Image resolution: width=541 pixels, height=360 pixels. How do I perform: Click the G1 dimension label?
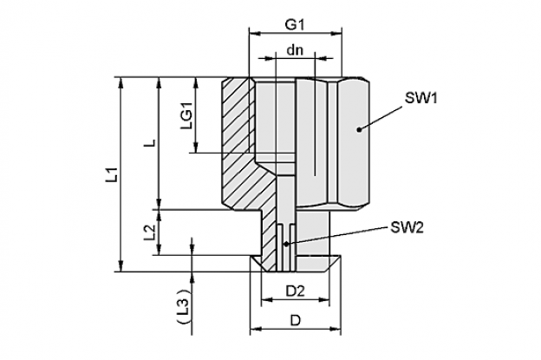coord(294,25)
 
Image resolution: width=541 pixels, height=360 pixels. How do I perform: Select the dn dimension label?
coord(295,50)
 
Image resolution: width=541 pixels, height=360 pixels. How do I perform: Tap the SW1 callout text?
coord(421,98)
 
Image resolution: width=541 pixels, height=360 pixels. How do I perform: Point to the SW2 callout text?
coord(407,227)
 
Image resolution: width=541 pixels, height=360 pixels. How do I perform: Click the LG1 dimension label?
coord(187,119)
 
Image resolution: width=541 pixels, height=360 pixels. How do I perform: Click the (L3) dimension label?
coord(185,306)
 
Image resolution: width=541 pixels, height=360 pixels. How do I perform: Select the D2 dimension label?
coord(296,291)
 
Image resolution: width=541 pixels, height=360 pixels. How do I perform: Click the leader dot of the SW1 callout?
coord(359,130)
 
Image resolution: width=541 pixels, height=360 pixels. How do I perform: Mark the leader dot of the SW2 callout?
coord(286,244)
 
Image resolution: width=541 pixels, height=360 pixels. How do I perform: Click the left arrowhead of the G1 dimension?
coord(254,34)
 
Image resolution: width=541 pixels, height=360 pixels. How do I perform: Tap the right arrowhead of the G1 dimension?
coord(336,34)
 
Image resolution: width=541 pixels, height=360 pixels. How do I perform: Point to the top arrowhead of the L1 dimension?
coord(121,82)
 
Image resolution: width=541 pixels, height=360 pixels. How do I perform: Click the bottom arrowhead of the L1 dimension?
coord(121,266)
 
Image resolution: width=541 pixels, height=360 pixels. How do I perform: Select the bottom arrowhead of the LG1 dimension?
coord(196,147)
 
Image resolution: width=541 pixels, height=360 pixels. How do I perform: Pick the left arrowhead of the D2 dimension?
coord(267,299)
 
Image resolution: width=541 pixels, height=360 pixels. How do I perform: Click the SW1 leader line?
coord(381,118)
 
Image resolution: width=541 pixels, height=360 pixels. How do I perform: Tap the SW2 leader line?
coord(336,236)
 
